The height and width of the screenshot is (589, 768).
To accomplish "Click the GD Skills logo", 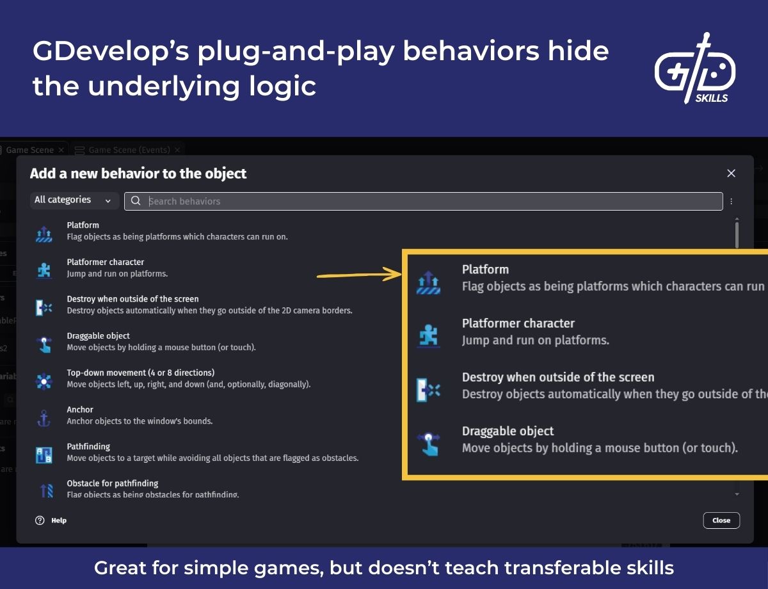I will (695, 69).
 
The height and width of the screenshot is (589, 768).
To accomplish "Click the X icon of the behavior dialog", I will (731, 173).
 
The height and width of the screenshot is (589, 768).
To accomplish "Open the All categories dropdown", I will (74, 200).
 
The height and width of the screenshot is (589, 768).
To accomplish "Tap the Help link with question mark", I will (51, 520).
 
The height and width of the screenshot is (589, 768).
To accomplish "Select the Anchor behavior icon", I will (44, 419).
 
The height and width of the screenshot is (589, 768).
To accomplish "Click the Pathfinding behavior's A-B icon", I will (44, 455).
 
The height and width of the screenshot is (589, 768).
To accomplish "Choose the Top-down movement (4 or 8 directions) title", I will (140, 373).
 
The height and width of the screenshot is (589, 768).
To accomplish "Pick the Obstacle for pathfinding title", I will (112, 483).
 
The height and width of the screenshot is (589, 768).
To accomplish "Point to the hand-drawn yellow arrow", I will (358, 276).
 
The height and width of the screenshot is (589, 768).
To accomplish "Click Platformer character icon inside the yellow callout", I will (428, 335).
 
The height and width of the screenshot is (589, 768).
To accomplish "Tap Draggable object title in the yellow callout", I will (508, 432).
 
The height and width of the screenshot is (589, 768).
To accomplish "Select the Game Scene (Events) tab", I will (128, 150).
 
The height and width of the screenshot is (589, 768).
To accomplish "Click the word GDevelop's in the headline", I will (110, 51).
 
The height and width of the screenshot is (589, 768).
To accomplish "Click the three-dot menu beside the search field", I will (731, 201).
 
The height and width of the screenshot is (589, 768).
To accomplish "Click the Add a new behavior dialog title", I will (138, 173).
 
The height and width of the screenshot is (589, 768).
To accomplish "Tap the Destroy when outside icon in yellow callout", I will (428, 389).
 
